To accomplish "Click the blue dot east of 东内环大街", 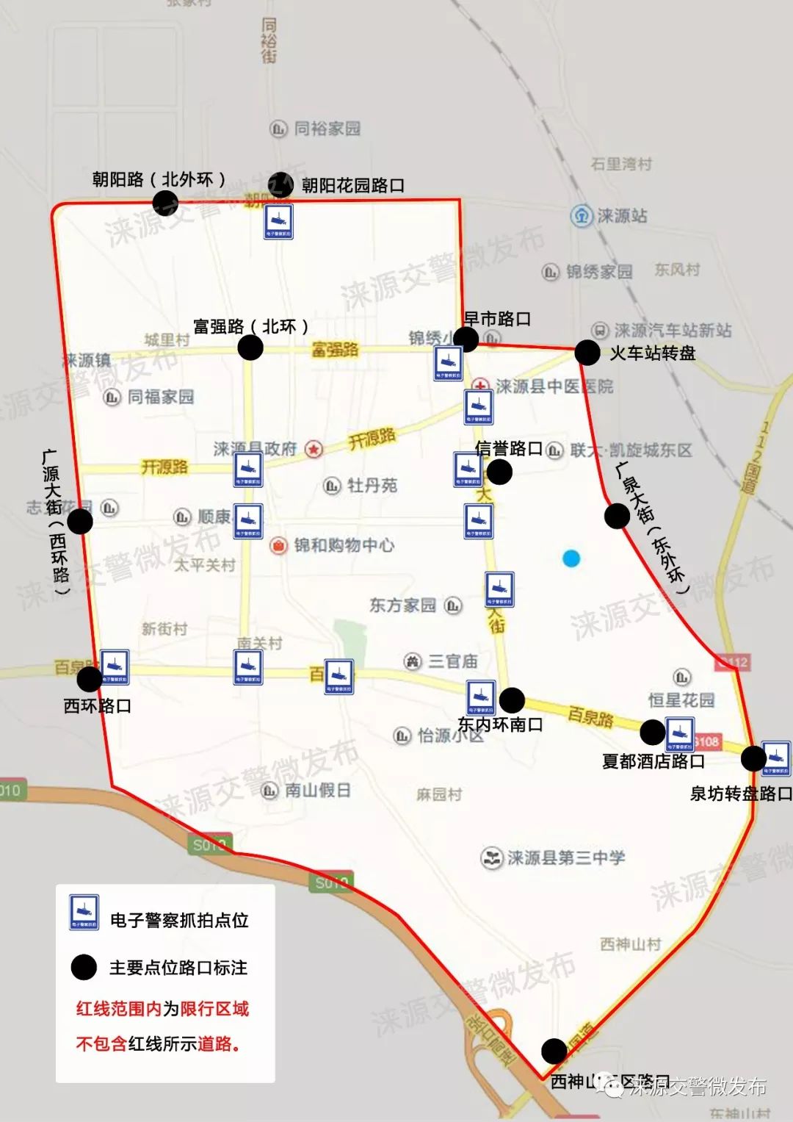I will [571, 558].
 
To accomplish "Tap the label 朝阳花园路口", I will [352, 186].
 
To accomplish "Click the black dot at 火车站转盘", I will [587, 353].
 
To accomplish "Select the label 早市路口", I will [497, 319].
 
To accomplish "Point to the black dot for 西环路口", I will [90, 679].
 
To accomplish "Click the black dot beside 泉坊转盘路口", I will [753, 758].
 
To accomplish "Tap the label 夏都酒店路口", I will [653, 762].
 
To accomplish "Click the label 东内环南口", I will [500, 724].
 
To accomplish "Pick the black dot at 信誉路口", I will [499, 472].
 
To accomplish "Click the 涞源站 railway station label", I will [621, 216].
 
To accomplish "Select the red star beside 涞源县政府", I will [314, 449].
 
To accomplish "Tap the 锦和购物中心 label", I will [344, 545].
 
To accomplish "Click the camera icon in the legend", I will [84, 912].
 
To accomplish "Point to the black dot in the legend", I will [84, 968].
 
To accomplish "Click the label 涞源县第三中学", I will [565, 857].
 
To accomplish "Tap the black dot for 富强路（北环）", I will [250, 348].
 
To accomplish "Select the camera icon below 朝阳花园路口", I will [279, 222].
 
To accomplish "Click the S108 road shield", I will [707, 741].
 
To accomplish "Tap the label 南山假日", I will [317, 791].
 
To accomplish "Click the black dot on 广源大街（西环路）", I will [80, 521].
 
